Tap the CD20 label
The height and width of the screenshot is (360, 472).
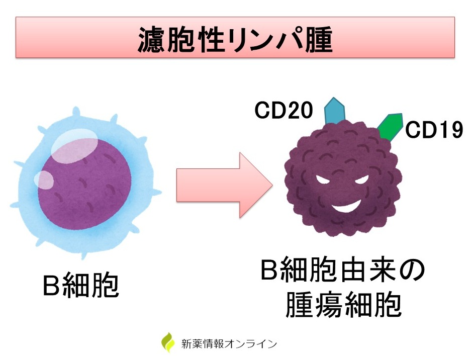click(x=284, y=111)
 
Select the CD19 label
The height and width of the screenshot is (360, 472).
click(x=434, y=130)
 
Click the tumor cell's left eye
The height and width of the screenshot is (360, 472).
click(x=324, y=178)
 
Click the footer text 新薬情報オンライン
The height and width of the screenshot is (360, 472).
click(x=229, y=344)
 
